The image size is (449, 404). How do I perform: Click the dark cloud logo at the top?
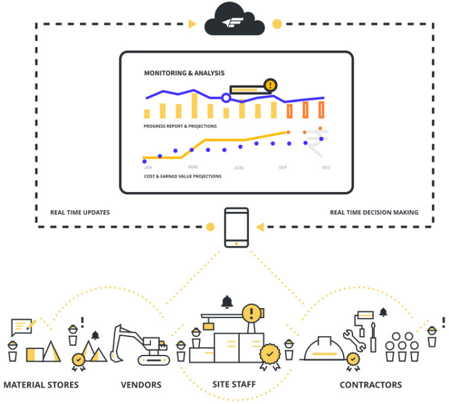tap(234, 22)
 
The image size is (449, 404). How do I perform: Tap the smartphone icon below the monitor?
tap(236, 227)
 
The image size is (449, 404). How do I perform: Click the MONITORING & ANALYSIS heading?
tap(184, 73)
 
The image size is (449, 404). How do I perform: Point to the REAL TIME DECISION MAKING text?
tap(374, 213)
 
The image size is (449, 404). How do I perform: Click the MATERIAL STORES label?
tap(41, 385)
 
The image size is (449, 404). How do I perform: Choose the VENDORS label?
tap(141, 385)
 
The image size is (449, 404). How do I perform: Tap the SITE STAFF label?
tap(234, 385)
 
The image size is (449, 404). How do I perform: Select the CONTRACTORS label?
tap(371, 385)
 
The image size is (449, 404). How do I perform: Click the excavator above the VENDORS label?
tap(140, 344)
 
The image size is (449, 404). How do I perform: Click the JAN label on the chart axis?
tap(147, 168)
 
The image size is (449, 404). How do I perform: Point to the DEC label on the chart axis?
tap(326, 168)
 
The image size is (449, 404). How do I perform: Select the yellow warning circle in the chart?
tap(270, 85)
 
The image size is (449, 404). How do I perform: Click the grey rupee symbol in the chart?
tap(317, 142)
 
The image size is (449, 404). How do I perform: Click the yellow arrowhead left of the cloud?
tap(192, 24)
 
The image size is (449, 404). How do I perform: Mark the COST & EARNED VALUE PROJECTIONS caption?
tap(182, 176)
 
